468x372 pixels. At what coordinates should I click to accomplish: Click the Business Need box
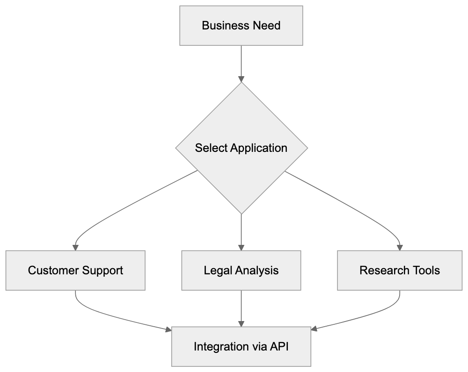241,25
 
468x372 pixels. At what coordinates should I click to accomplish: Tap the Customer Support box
75,270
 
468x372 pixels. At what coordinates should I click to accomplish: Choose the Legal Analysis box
241,270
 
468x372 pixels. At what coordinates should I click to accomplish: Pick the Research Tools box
400,270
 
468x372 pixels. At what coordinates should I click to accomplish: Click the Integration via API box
241,347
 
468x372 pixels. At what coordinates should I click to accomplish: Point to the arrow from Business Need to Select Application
241,63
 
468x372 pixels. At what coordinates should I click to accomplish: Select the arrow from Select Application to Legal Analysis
241,231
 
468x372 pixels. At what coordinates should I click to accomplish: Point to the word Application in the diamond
259,148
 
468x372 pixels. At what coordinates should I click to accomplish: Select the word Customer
52,270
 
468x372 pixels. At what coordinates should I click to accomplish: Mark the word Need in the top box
267,25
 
